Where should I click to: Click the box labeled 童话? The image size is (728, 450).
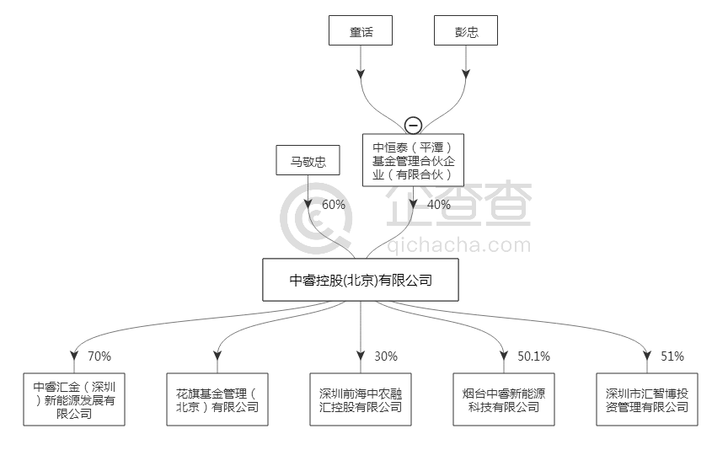tap(361, 32)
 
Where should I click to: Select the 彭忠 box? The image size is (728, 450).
tap(466, 32)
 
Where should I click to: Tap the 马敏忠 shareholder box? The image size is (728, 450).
tap(308, 160)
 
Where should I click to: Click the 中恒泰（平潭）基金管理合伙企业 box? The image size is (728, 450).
tap(413, 159)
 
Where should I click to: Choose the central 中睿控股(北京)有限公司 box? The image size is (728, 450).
tap(361, 280)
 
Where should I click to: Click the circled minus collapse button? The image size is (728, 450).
tap(413, 126)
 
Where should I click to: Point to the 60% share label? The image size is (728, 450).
tap(334, 205)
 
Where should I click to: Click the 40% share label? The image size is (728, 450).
tap(438, 205)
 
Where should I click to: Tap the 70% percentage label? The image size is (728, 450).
tap(99, 356)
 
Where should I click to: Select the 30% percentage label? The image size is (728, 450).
tap(386, 356)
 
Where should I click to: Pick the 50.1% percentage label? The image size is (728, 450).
tap(533, 356)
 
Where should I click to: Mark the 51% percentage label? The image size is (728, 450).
tap(672, 356)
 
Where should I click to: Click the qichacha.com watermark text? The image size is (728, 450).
tap(460, 245)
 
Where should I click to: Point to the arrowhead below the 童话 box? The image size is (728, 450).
tap(361, 73)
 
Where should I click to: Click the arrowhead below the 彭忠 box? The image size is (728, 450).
tap(466, 73)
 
